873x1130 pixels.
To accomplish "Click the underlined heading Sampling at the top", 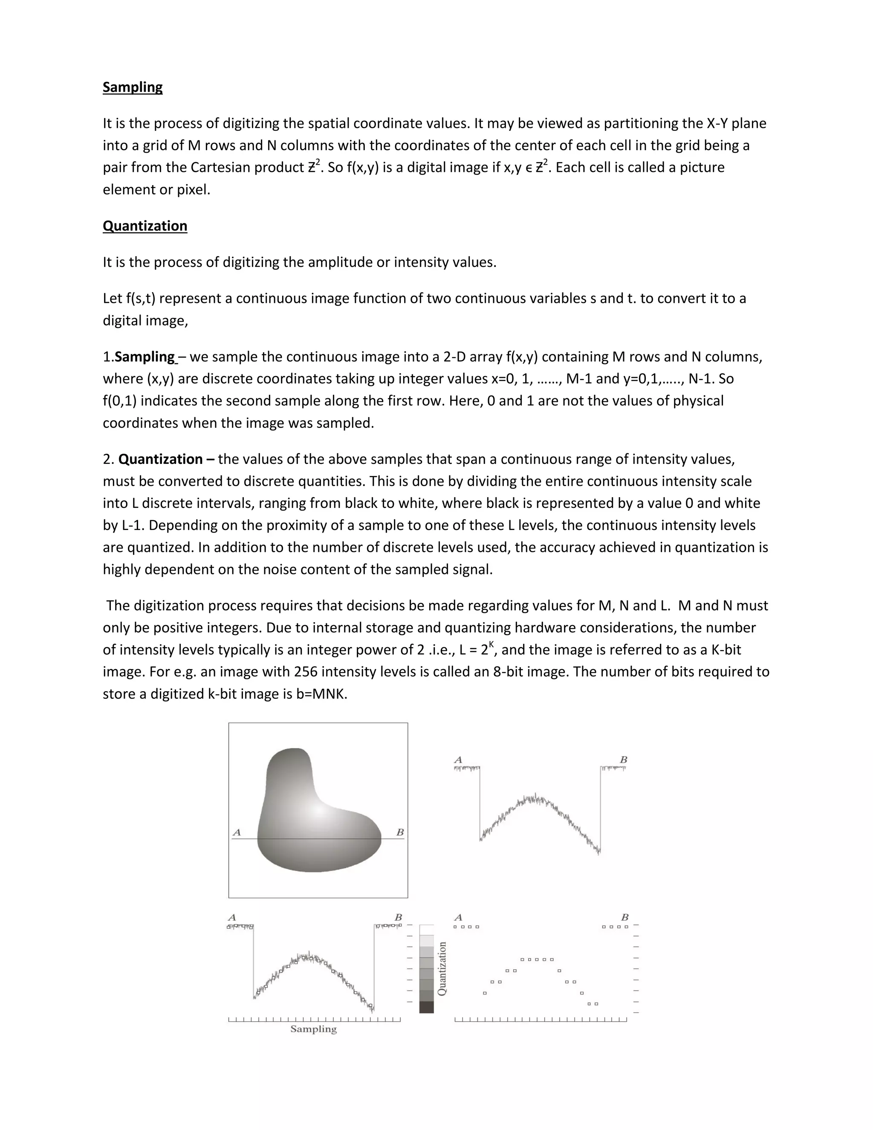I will [x=133, y=87].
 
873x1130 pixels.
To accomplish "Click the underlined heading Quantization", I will [x=145, y=226].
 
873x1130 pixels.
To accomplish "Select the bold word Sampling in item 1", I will [x=145, y=357].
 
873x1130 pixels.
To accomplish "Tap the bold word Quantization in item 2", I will [x=160, y=459].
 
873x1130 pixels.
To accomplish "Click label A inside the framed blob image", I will [x=237, y=832].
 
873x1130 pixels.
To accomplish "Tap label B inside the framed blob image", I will [x=400, y=832].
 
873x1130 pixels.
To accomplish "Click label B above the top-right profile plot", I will [x=623, y=759].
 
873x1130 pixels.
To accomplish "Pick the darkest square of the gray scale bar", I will [x=426, y=1007].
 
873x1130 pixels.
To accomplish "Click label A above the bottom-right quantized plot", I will [x=458, y=917].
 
